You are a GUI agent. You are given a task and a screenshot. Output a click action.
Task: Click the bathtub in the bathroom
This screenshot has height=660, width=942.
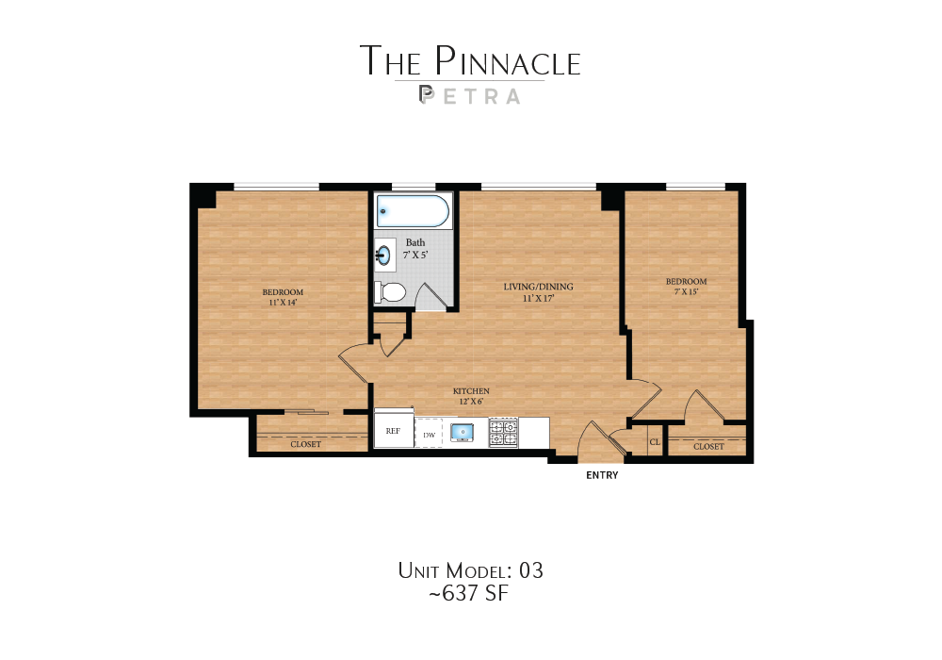coord(413,211)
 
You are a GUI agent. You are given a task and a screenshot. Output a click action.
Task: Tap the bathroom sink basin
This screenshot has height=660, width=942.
coord(384,255)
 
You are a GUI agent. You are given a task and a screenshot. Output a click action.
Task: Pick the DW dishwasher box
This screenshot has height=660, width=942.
coord(429,434)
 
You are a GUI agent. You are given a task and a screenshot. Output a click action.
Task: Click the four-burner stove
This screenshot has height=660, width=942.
coord(503,433)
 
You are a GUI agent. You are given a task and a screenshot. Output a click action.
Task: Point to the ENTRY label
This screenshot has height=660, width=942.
coord(602,475)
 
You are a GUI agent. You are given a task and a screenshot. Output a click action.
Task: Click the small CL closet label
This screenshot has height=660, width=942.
coord(655,441)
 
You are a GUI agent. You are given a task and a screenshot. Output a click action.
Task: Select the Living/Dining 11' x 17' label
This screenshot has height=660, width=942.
coord(538,292)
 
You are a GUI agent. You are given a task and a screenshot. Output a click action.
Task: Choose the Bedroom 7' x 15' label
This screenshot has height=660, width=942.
coord(686,287)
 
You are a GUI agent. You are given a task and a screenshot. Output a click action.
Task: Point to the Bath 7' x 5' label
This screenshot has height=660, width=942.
coord(415,249)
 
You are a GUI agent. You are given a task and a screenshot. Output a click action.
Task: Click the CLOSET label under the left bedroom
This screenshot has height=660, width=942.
coord(305,444)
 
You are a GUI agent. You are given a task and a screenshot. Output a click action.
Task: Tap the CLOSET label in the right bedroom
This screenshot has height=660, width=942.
coord(708,446)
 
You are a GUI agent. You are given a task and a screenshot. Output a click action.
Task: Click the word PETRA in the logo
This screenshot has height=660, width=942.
coord(469,95)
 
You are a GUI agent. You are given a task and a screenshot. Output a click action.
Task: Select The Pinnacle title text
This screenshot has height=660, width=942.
coord(470,60)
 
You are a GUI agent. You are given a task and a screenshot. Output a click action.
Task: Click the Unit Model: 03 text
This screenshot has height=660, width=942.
coord(470,570)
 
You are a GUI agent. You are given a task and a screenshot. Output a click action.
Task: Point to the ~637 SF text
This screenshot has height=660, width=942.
coord(470,594)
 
